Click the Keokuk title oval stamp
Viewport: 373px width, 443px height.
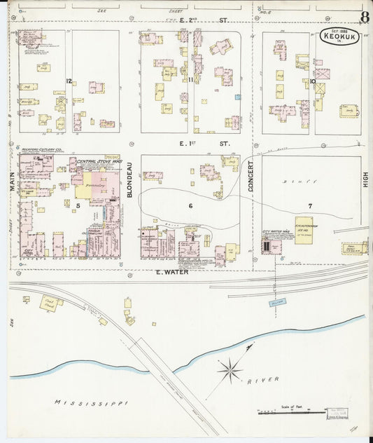[340, 36]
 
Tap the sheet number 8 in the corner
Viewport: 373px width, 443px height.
[365, 17]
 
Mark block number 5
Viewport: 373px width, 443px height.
[78, 205]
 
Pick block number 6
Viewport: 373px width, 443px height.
[190, 205]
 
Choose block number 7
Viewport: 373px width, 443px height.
[309, 205]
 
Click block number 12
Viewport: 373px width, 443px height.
[69, 81]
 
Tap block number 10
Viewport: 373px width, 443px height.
[313, 81]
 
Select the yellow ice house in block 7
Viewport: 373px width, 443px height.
[303, 231]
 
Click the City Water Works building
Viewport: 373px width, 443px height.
[269, 246]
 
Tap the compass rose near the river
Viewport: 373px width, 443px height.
[230, 369]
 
